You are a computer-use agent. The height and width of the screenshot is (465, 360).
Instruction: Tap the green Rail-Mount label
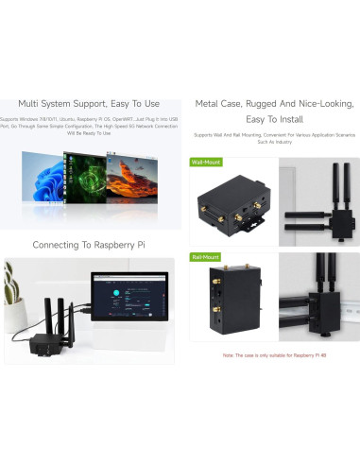(x=205, y=256)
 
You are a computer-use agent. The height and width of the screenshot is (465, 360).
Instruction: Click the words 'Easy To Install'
(x=275, y=120)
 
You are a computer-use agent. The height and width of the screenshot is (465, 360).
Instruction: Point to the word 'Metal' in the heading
(x=211, y=104)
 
